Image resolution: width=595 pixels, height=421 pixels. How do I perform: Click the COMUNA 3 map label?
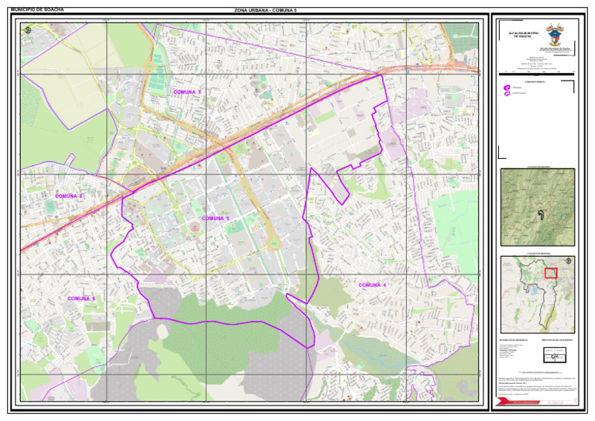(187, 92)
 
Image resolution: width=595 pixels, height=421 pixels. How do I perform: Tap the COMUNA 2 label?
(69, 196)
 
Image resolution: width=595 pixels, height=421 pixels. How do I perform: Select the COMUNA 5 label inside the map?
(215, 219)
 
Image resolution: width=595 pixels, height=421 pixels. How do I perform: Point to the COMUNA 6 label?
(81, 298)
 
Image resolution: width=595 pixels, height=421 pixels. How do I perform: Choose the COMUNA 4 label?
(372, 285)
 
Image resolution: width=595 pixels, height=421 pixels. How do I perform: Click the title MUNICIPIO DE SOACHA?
(33, 10)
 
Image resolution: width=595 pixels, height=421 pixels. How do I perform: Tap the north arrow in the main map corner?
(29, 30)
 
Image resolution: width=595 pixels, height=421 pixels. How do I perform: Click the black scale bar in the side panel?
(538, 72)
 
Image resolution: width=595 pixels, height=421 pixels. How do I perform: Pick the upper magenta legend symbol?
(507, 88)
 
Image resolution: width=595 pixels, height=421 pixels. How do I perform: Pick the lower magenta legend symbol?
(507, 95)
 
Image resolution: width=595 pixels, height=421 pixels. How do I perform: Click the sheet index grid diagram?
(554, 354)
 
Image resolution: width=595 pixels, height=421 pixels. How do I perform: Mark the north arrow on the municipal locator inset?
(568, 261)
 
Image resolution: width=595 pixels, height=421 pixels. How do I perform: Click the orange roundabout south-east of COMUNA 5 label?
(273, 243)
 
